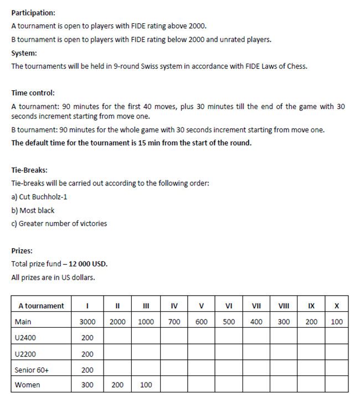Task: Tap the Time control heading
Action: coord(33,94)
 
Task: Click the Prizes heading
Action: coord(22,251)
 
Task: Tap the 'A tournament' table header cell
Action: coord(41,306)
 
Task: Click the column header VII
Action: coord(256,306)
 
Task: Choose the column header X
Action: coord(337,306)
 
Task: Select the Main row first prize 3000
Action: coord(88,322)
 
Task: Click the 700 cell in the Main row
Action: coord(174,322)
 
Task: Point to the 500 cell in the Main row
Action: coord(229,322)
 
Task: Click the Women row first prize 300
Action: coord(88,385)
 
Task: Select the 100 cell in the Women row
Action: coord(146,385)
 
